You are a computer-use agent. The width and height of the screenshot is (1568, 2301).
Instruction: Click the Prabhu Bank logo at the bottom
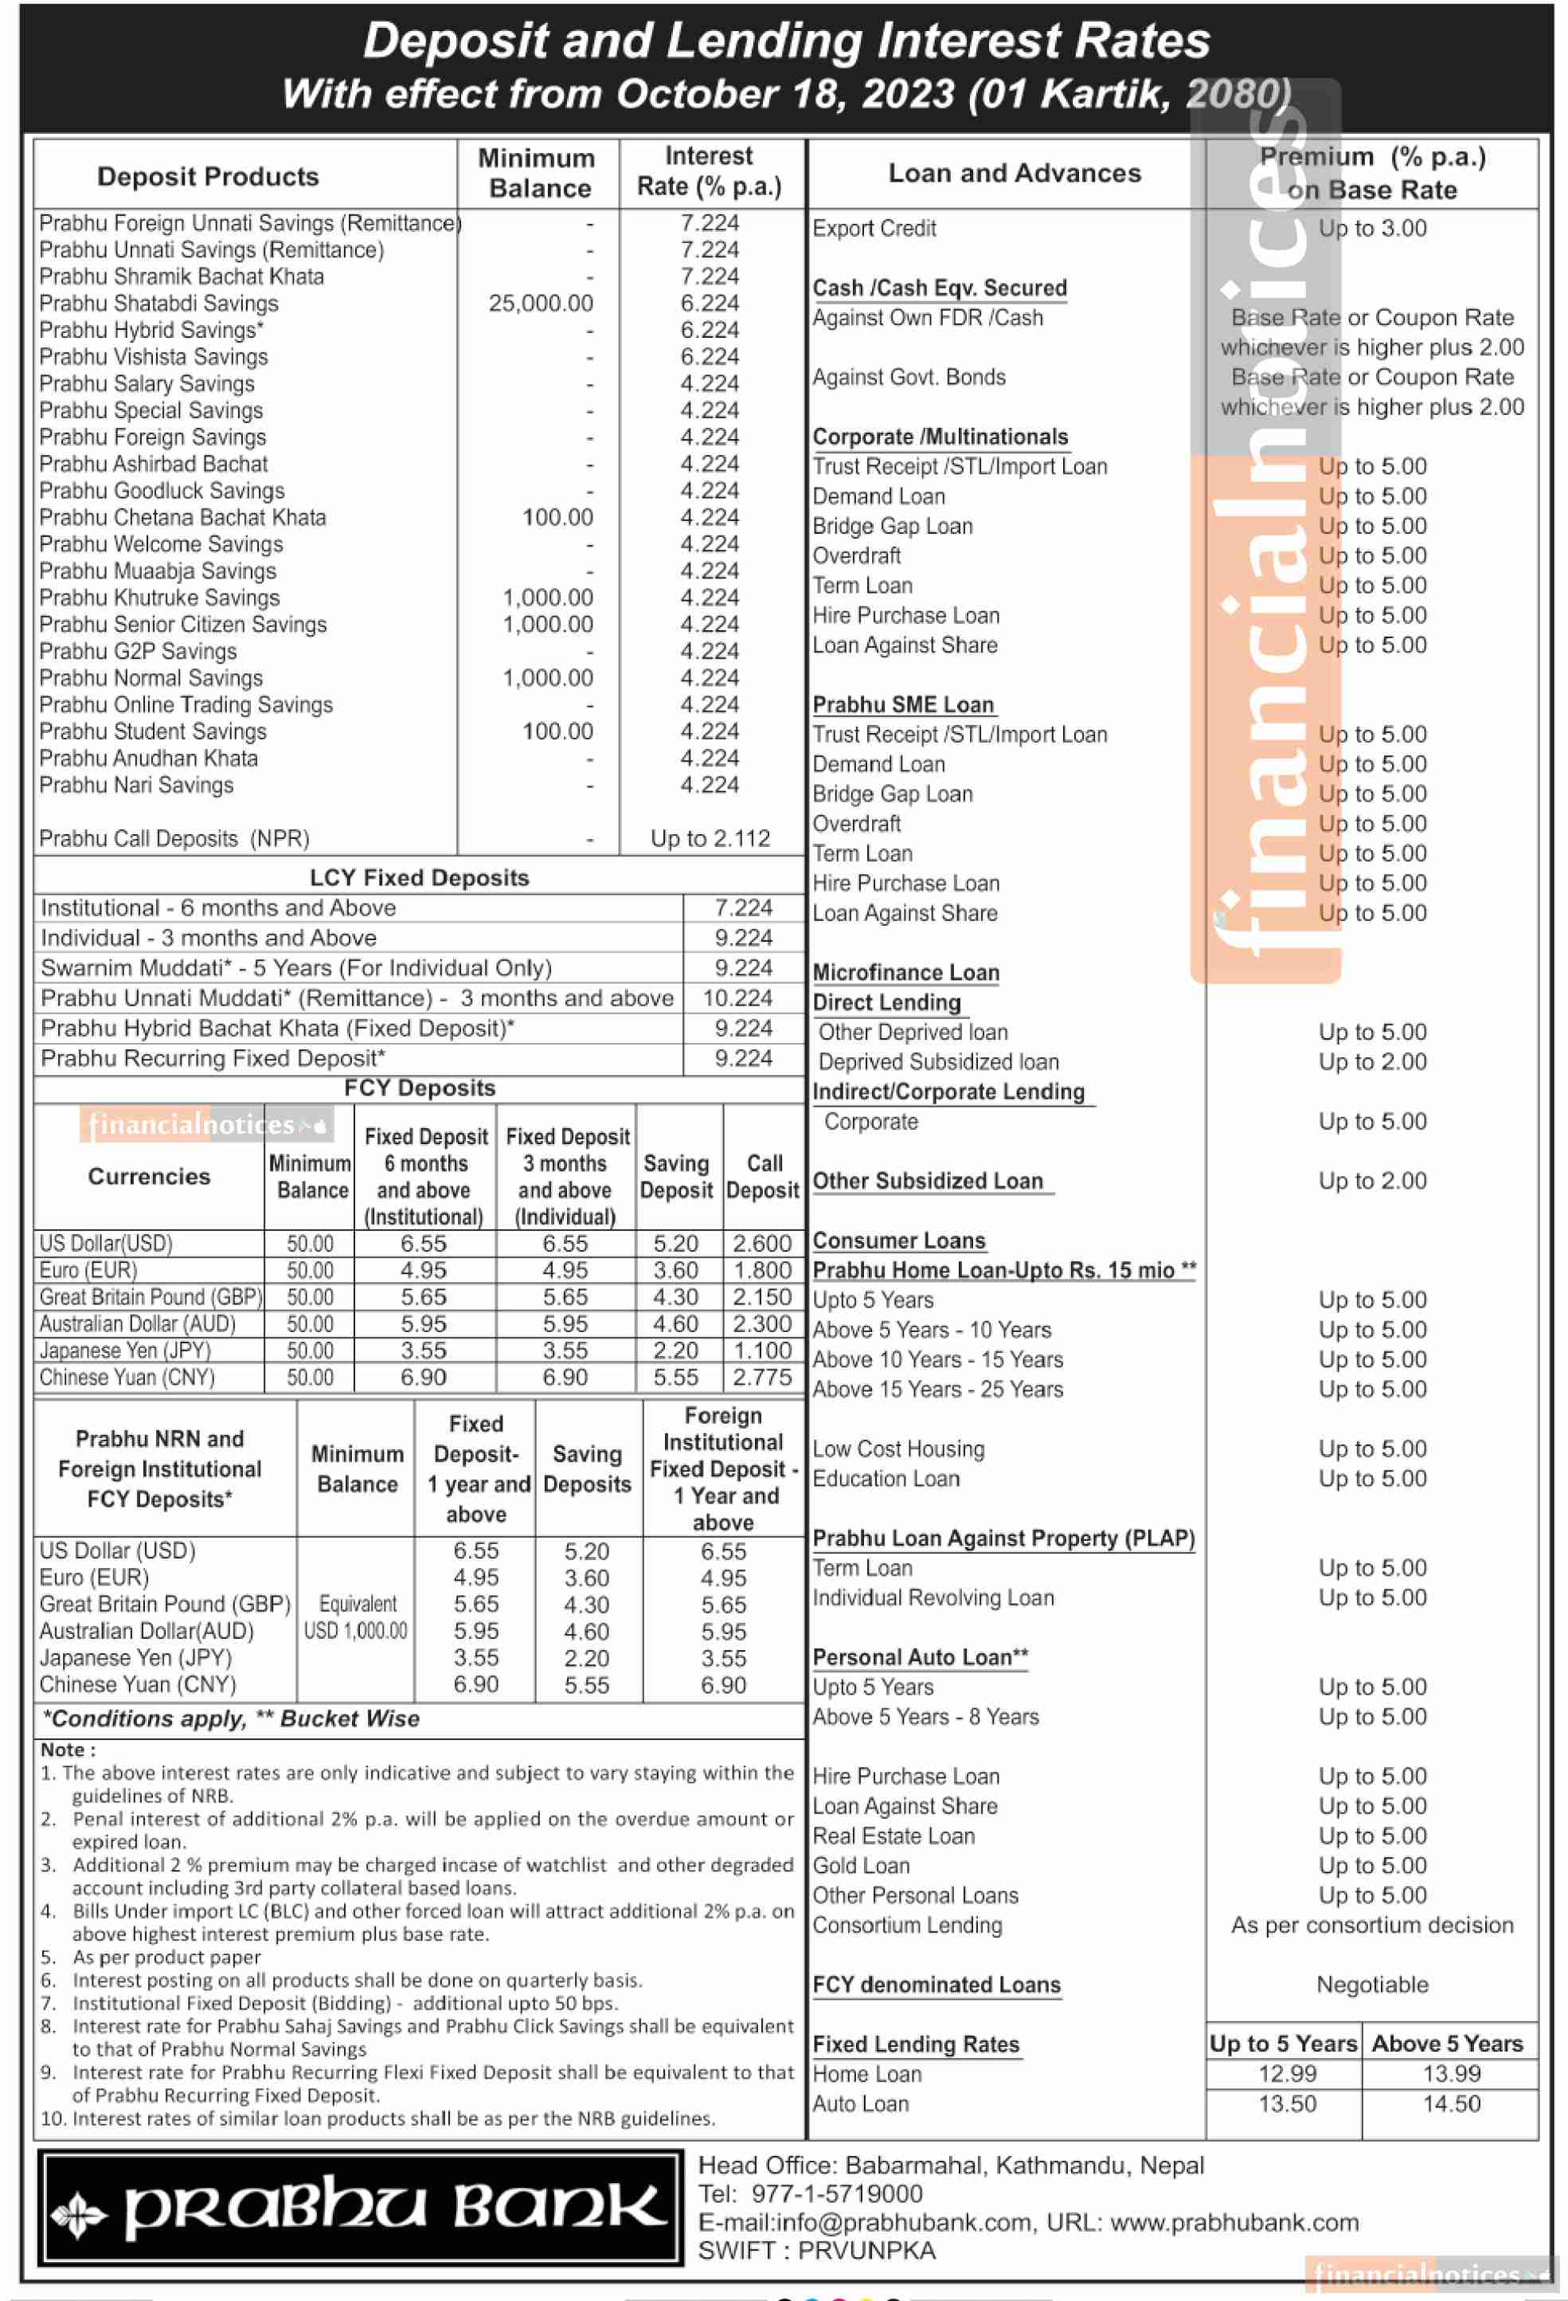point(359,2207)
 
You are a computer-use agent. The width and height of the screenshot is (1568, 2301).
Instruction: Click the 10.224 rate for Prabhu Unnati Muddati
point(737,998)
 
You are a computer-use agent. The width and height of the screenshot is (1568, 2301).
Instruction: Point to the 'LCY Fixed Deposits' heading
point(419,878)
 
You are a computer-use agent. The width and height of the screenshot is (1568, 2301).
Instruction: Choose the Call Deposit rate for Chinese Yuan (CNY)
point(761,1378)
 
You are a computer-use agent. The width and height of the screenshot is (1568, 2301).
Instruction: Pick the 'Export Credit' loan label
point(874,229)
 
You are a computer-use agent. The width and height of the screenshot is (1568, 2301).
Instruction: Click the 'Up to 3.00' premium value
point(1372,229)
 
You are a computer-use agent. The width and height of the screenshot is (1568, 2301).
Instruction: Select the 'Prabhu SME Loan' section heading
point(903,705)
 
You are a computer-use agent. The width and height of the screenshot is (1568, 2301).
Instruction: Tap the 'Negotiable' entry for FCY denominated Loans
point(1372,1985)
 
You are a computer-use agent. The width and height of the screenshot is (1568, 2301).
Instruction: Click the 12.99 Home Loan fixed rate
point(1287,2074)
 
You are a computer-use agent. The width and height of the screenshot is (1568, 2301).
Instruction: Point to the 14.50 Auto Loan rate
point(1451,2104)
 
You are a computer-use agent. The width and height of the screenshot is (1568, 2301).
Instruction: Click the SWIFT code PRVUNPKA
point(866,2251)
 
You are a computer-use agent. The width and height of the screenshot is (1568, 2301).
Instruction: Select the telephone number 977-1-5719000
point(836,2194)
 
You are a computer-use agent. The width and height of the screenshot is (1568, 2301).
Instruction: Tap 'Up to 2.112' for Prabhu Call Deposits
point(710,839)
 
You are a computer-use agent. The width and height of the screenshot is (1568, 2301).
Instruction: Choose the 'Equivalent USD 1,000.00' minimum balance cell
point(357,1617)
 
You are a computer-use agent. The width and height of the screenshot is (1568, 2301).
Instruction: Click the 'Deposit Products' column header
point(208,177)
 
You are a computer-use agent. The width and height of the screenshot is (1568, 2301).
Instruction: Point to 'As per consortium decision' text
point(1372,1926)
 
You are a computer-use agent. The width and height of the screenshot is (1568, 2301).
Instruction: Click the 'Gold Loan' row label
point(861,1866)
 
